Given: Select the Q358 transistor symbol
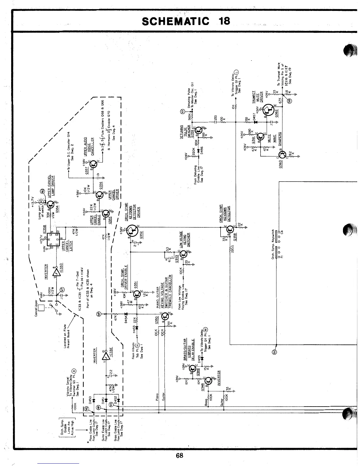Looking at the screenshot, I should tap(230, 231).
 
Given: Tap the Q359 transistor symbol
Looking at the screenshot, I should tap(199, 130).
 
